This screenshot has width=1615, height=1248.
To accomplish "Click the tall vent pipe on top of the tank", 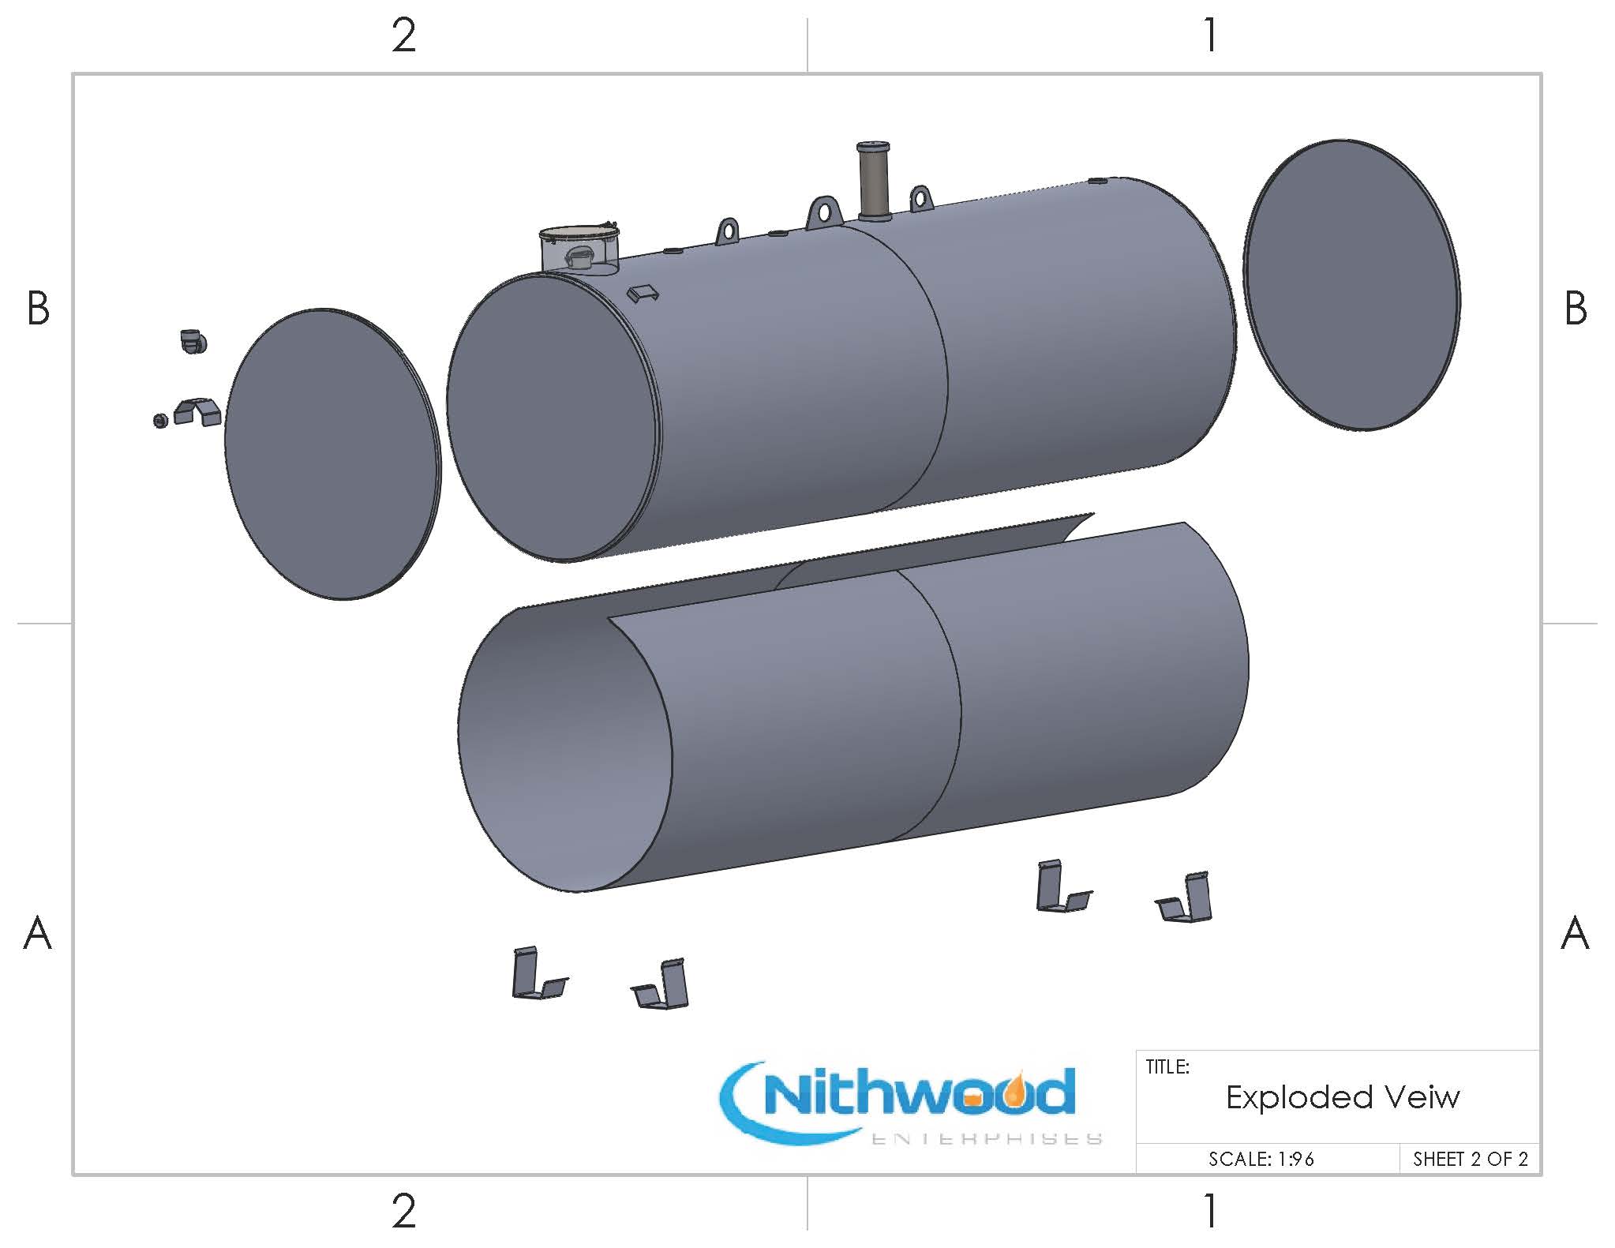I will [x=873, y=182].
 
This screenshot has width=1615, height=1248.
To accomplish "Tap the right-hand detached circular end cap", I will [x=1351, y=285].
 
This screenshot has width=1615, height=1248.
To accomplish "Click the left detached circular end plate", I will [x=332, y=454].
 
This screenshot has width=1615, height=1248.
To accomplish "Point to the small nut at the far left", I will [x=160, y=420].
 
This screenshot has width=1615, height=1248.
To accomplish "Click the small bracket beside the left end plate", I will [x=197, y=411].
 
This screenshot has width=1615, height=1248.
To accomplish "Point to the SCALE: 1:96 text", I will [x=1261, y=1159].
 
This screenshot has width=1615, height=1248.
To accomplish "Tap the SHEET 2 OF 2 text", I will [x=1470, y=1159].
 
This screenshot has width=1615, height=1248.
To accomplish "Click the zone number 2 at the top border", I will [x=403, y=36].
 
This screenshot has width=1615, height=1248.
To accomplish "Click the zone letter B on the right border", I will [x=1575, y=309].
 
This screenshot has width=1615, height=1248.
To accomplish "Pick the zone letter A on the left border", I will [x=37, y=934].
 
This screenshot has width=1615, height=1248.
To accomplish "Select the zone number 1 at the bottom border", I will [x=1210, y=1211].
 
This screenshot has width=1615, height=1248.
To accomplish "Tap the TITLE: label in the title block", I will [x=1167, y=1067].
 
